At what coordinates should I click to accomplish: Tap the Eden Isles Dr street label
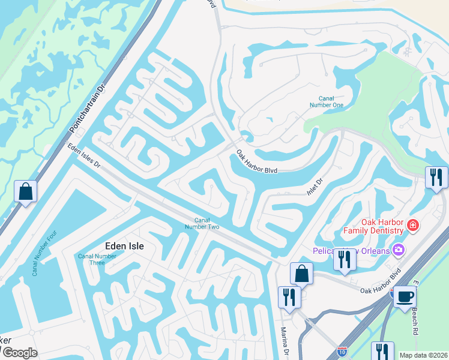tap(83, 157)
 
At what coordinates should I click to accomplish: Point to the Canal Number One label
tap(330, 101)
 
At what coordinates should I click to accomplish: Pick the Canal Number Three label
tap(91, 259)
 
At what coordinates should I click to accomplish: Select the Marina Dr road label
tap(286, 341)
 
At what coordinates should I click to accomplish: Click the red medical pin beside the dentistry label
tap(412, 226)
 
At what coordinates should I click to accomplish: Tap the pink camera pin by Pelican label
tap(398, 250)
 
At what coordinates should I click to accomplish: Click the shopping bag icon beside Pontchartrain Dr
tap(26, 192)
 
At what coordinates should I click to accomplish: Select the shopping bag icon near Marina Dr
tap(301, 274)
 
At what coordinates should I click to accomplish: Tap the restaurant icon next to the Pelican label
tap(345, 259)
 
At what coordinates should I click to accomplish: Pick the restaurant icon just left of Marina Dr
tap(289, 297)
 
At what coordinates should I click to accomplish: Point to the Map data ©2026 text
tap(423, 355)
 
